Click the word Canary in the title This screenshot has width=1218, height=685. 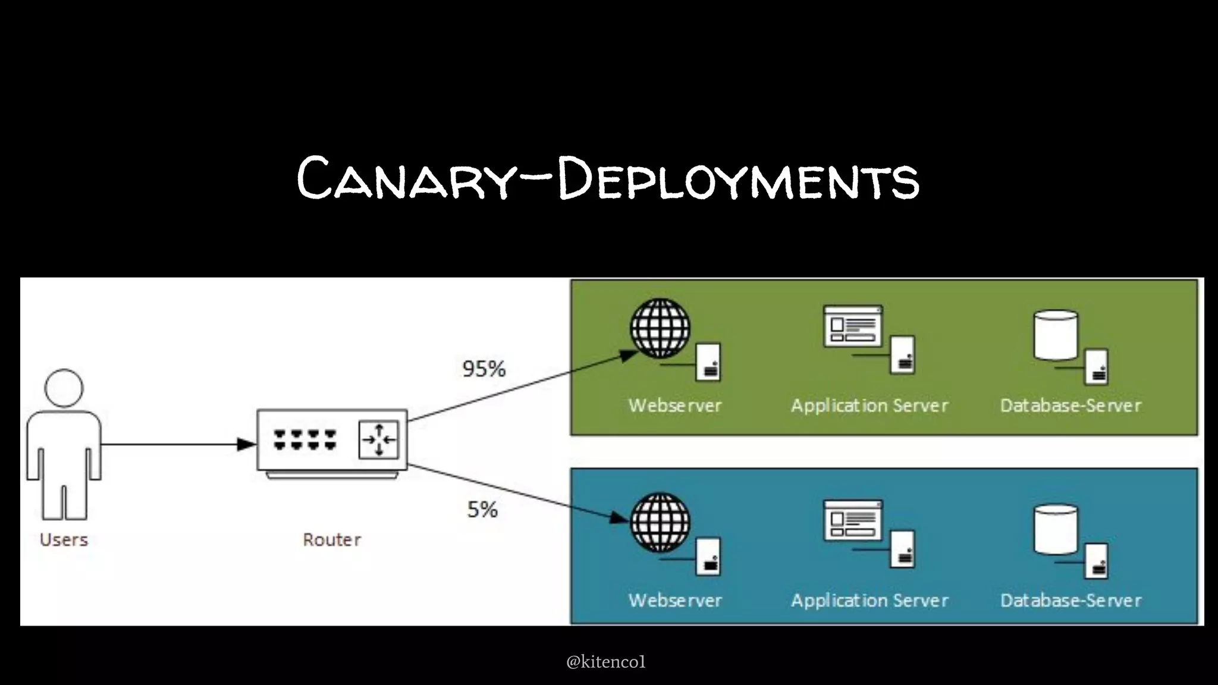coord(405,178)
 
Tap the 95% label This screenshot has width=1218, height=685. coord(484,369)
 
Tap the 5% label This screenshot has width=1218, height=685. coord(482,510)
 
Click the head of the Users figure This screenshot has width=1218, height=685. coord(64,388)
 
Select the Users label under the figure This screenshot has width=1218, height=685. coord(64,540)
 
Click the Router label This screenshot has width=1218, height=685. coord(332,540)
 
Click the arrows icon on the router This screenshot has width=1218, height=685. coord(379,440)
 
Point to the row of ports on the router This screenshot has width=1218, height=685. coord(304,440)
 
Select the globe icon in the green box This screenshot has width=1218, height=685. coord(660,328)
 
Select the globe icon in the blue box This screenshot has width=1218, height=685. coord(660,523)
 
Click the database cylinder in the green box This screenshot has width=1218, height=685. coord(1056,335)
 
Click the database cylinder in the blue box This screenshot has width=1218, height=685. coord(1056,529)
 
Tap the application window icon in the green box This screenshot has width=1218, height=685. coord(852,326)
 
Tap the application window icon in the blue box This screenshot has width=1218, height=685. coord(852,520)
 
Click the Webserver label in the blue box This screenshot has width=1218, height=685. coord(675,601)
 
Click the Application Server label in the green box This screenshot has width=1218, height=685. coord(869,406)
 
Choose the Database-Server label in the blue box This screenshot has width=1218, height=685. coord(1071,601)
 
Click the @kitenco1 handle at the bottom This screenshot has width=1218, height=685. coord(605,662)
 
